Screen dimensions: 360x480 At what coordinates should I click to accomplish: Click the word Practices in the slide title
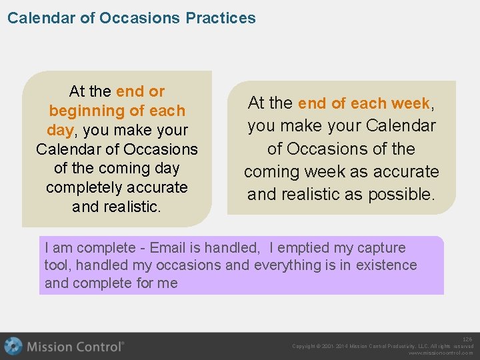(221, 18)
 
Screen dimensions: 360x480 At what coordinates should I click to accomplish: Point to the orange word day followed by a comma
(59, 130)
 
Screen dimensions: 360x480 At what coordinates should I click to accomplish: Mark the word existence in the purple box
(387, 265)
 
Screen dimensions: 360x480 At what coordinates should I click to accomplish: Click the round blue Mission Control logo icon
(13, 346)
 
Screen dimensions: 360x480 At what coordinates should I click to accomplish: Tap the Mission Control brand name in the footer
(75, 346)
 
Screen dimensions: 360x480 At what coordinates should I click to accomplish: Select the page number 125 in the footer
(467, 339)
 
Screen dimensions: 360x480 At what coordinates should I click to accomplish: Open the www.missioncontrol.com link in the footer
(441, 353)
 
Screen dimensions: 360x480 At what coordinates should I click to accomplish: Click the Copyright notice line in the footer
(383, 346)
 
